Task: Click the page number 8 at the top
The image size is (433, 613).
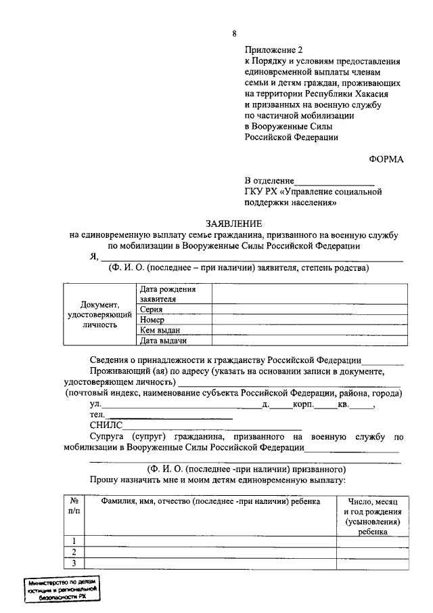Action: [234, 33]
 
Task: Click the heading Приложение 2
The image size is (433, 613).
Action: [275, 50]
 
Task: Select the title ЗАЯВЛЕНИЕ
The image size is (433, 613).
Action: [233, 224]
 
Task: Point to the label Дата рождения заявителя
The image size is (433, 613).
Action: [168, 293]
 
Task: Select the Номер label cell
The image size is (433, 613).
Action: [153, 319]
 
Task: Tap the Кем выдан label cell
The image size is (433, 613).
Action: [160, 330]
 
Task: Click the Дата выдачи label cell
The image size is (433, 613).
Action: [162, 341]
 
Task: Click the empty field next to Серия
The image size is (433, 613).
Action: [309, 309]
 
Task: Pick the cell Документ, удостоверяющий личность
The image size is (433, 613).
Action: [99, 314]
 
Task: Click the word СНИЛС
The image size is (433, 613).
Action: [106, 425]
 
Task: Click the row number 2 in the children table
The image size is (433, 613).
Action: [73, 551]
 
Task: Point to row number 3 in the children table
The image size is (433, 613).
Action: [73, 563]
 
